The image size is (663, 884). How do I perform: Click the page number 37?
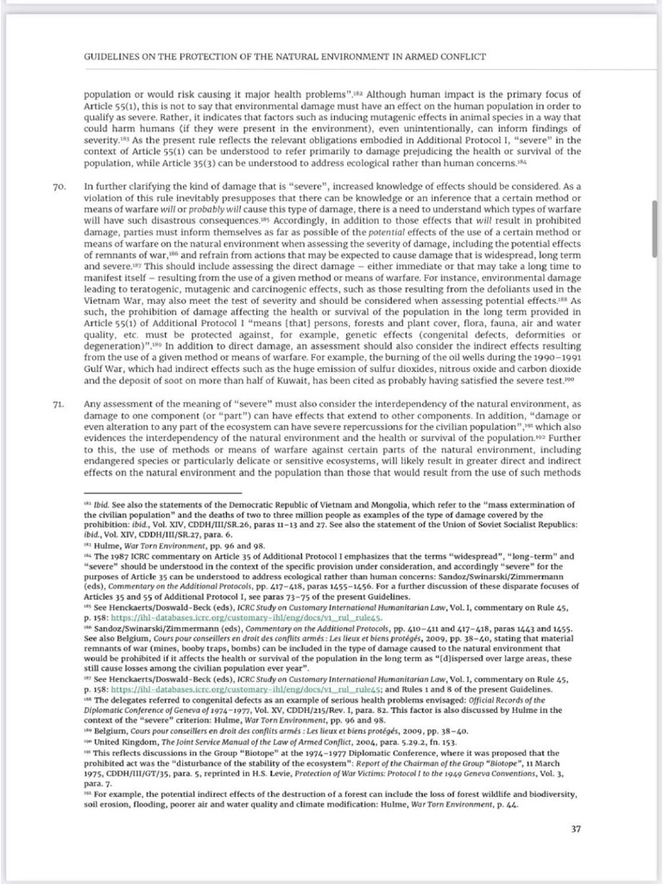tap(576, 830)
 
